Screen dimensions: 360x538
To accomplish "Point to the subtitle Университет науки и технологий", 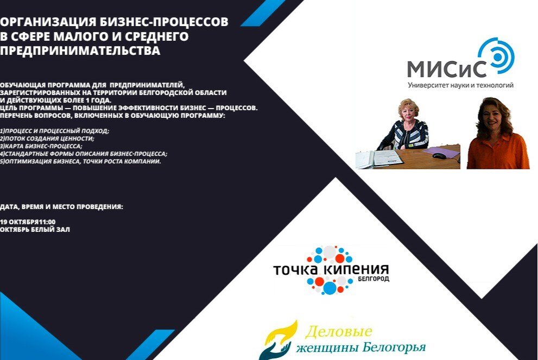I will (x=460, y=85).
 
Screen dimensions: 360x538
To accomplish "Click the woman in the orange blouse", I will (x=497, y=136).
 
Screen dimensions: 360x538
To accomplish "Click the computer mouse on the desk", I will (x=439, y=156).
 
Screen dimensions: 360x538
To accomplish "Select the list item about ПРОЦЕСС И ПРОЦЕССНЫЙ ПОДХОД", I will (x=55, y=131).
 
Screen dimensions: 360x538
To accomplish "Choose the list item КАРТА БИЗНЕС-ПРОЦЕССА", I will (x=41, y=146).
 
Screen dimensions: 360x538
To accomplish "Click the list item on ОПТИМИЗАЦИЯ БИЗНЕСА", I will (x=80, y=161).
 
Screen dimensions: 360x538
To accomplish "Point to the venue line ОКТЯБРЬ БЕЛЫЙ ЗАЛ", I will (x=35, y=230).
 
